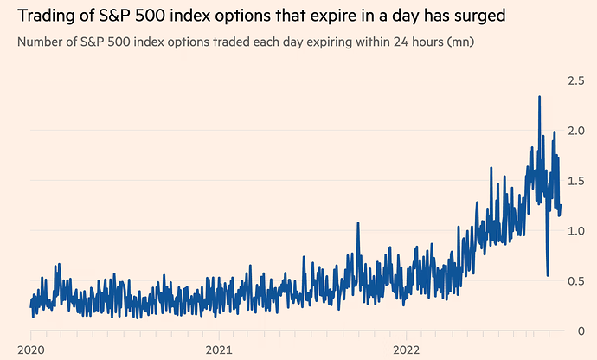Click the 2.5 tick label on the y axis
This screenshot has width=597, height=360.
pyautogui.click(x=575, y=80)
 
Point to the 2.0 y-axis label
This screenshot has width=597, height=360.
pyautogui.click(x=575, y=131)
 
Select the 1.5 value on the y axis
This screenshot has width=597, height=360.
pyautogui.click(x=575, y=181)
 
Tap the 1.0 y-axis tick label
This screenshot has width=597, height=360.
pyautogui.click(x=575, y=231)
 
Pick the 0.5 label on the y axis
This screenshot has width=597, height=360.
pyautogui.click(x=575, y=281)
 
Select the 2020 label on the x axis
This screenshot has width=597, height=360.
pyautogui.click(x=31, y=350)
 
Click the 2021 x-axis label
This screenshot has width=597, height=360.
pyautogui.click(x=219, y=350)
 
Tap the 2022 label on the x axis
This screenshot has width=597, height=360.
pyautogui.click(x=407, y=350)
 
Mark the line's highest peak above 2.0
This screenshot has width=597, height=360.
pyautogui.click(x=540, y=97)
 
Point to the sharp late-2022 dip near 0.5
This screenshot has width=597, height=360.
pyautogui.click(x=548, y=275)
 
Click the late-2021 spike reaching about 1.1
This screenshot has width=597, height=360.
pyautogui.click(x=358, y=223)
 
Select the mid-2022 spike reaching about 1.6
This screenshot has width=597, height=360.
pyautogui.click(x=491, y=168)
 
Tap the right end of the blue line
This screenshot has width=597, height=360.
pyautogui.click(x=561, y=206)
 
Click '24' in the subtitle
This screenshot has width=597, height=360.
pyautogui.click(x=401, y=42)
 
